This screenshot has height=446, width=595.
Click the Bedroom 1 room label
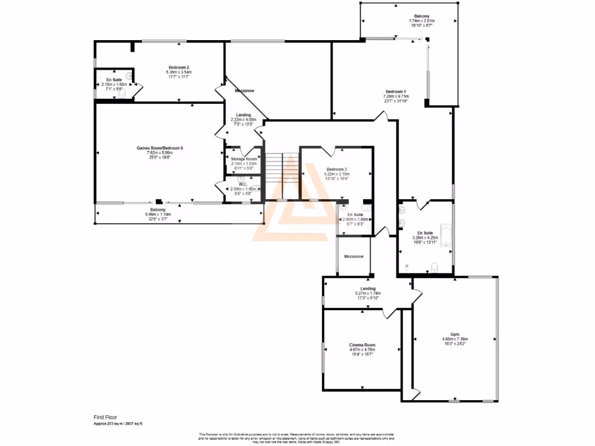396,92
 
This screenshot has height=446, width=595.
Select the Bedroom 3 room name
336,169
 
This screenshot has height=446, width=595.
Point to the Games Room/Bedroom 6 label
160,148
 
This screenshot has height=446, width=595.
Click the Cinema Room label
362,345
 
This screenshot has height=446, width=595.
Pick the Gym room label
455,334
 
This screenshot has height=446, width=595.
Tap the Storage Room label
243,159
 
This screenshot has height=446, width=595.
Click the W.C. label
243,184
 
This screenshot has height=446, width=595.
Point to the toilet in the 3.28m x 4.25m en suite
435,267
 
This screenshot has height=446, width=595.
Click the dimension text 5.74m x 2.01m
422,21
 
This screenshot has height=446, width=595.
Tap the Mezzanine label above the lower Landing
354,256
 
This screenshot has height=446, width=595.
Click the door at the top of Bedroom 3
333,152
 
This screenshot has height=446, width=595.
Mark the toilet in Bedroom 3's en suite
365,207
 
